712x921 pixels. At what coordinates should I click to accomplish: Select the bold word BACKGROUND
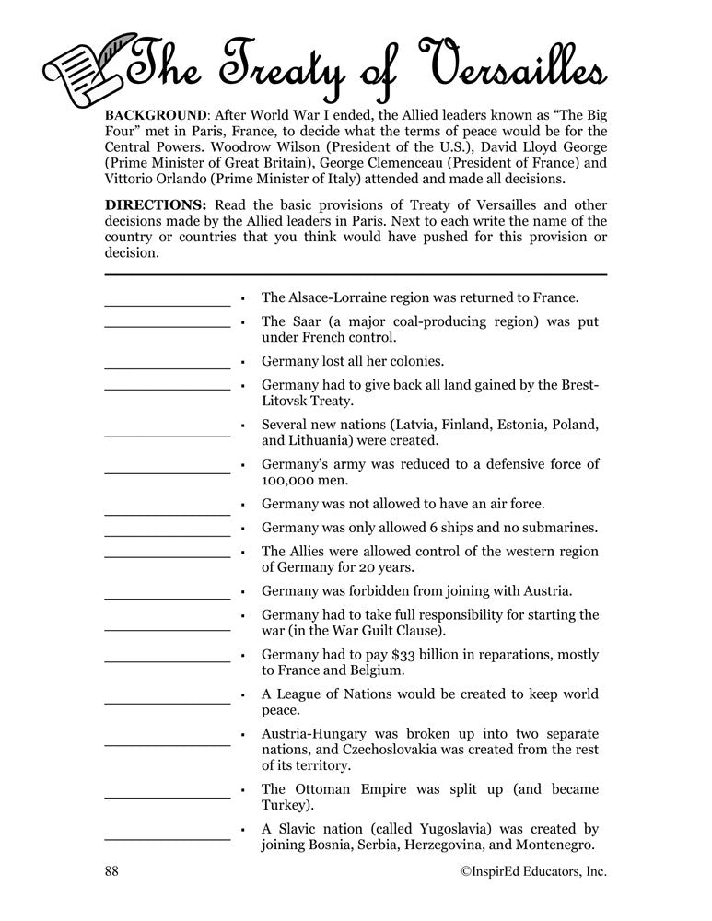[x=156, y=116]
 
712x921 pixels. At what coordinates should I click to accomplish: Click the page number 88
[x=112, y=870]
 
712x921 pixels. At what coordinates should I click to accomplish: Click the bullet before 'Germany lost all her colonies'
[x=241, y=362]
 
